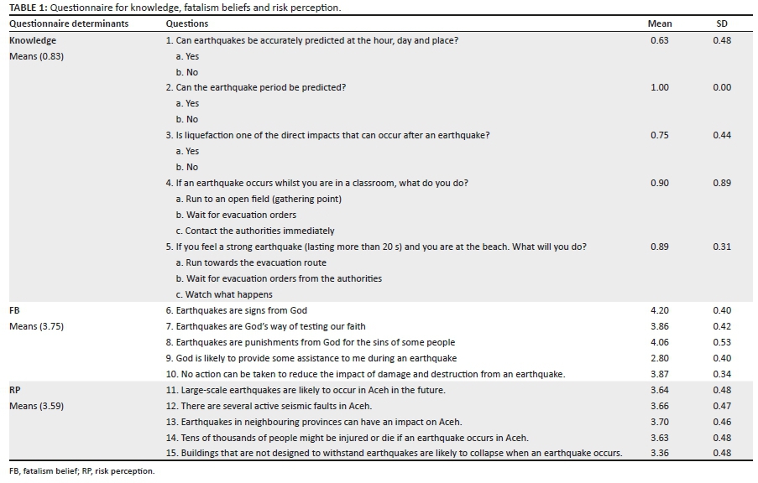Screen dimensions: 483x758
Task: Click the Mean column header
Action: [x=660, y=24]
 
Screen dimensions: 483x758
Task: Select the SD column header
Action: [x=722, y=24]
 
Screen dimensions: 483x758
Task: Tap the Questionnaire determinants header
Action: [x=69, y=24]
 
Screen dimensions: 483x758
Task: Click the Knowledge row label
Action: [x=33, y=40]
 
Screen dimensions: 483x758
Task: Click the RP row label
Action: [x=15, y=390]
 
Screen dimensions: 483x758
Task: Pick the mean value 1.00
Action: [x=660, y=88]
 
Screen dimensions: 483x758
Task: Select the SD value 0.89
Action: [x=722, y=183]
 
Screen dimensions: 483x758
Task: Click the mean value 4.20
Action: [x=660, y=310]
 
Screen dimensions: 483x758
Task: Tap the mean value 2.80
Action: [x=660, y=358]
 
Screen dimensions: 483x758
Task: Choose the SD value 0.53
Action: [x=722, y=342]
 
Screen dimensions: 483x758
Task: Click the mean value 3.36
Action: [x=660, y=454]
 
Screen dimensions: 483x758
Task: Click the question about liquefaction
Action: [x=327, y=136]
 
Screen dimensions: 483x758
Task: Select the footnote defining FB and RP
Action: [x=82, y=471]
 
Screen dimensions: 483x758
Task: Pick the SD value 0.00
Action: [x=722, y=88]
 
